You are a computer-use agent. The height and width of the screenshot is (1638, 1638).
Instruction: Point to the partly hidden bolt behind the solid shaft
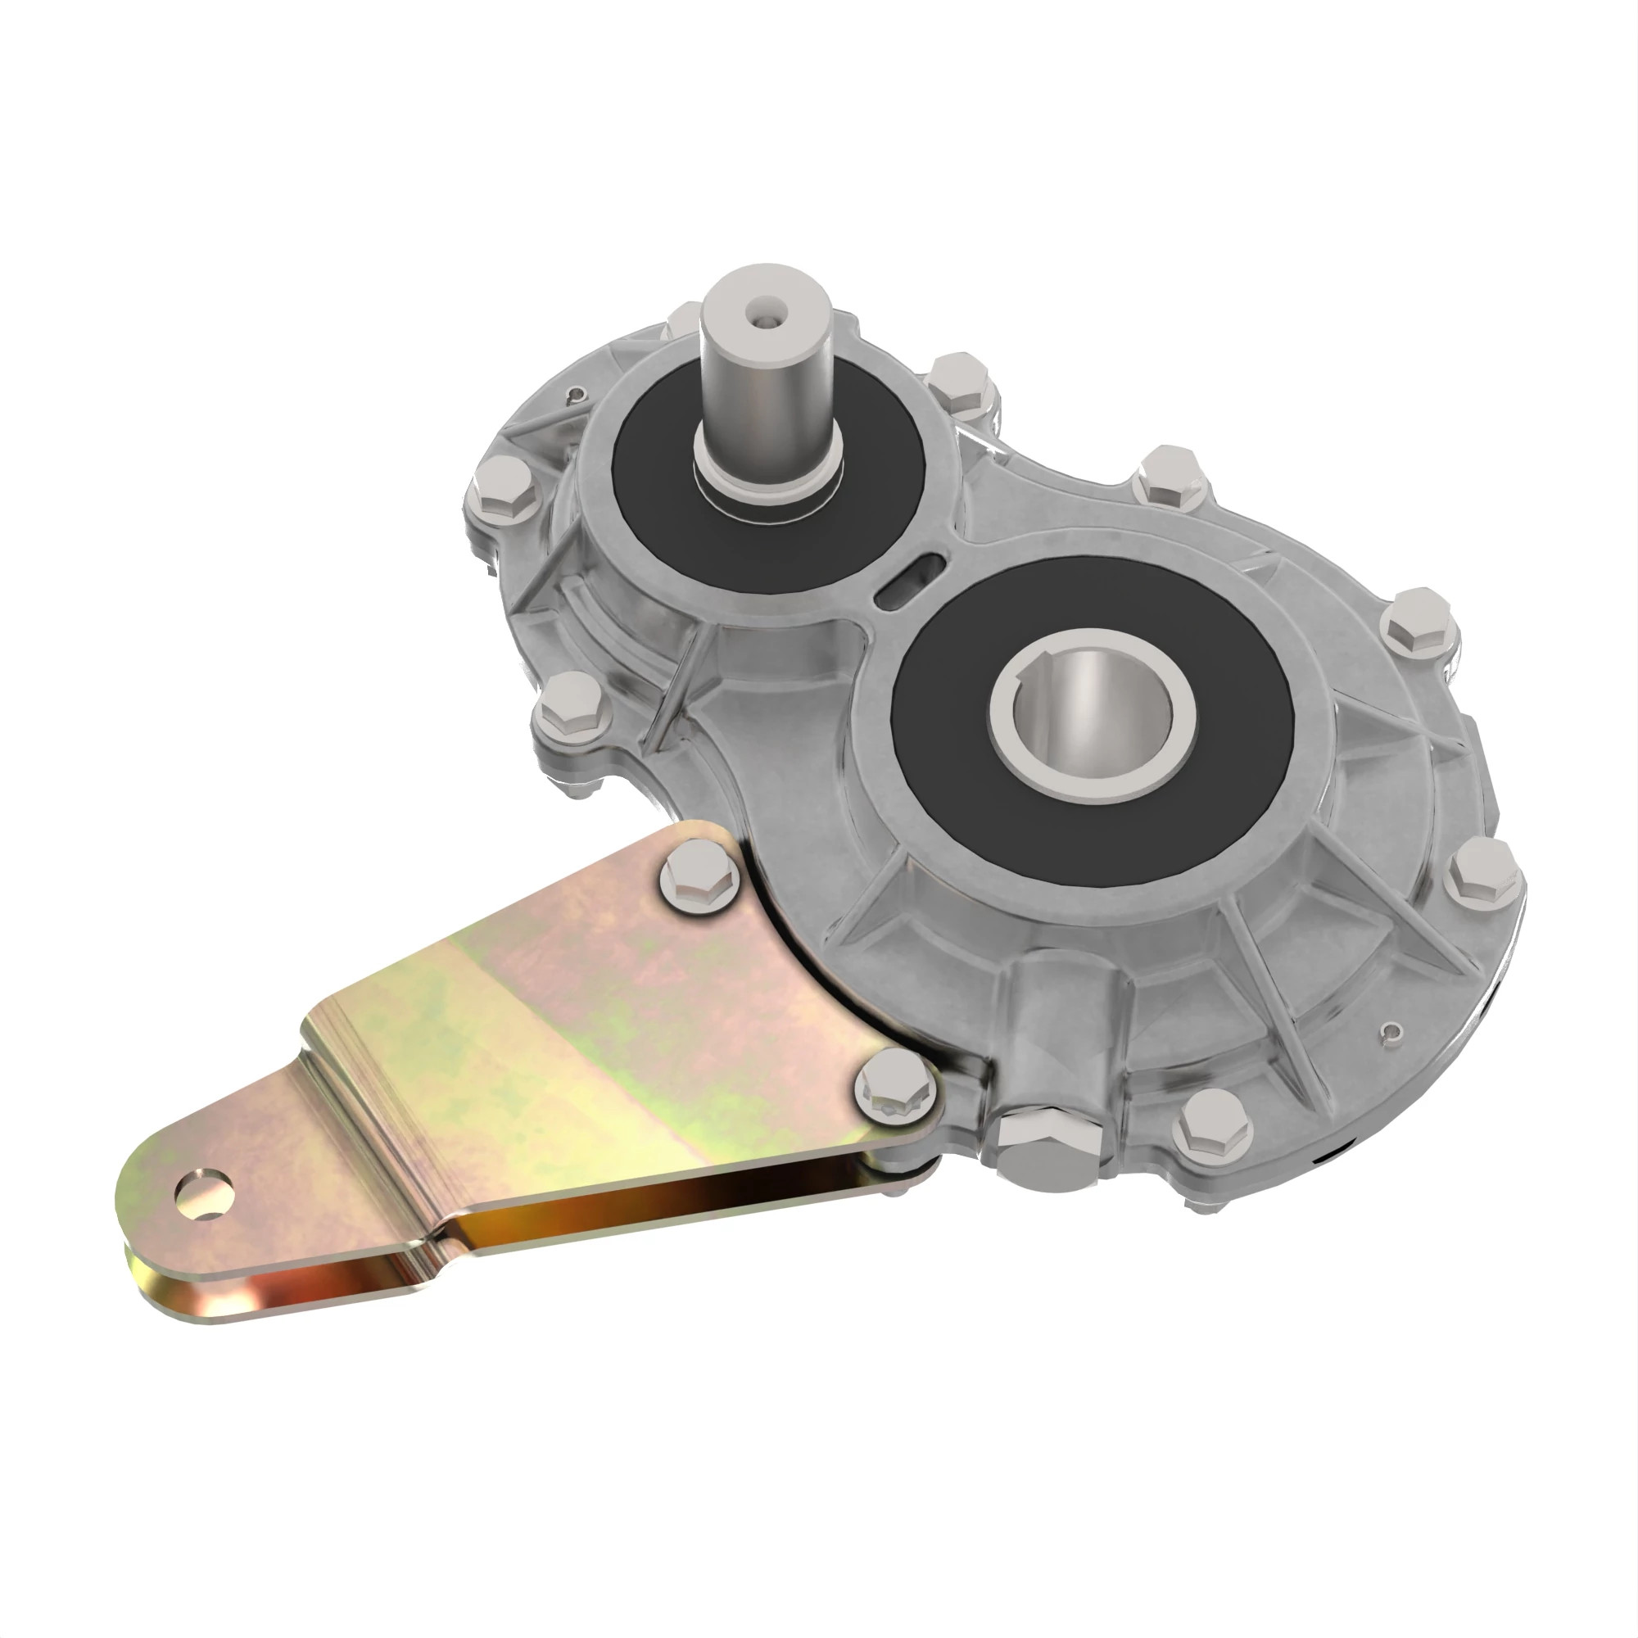point(682,320)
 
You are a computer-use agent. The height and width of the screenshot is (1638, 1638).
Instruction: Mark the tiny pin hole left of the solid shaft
point(577,392)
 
